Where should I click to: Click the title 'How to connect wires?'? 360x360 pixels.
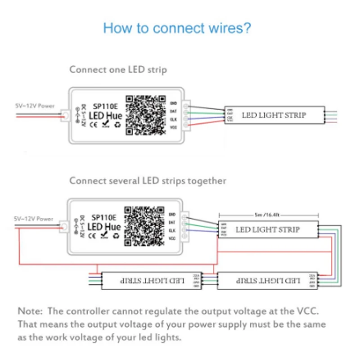click(177, 28)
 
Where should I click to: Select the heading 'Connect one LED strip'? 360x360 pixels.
click(118, 70)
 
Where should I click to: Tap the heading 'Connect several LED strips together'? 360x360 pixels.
click(148, 181)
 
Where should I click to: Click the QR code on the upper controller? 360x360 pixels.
click(145, 114)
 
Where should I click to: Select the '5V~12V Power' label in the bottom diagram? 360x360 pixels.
click(33, 219)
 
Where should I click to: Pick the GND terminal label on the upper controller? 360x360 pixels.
click(174, 103)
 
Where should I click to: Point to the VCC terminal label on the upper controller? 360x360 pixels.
click(174, 128)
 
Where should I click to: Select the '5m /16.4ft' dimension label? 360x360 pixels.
click(267, 215)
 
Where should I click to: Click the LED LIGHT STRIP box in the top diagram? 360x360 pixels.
click(274, 115)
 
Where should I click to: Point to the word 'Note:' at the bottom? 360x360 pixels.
click(30, 310)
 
